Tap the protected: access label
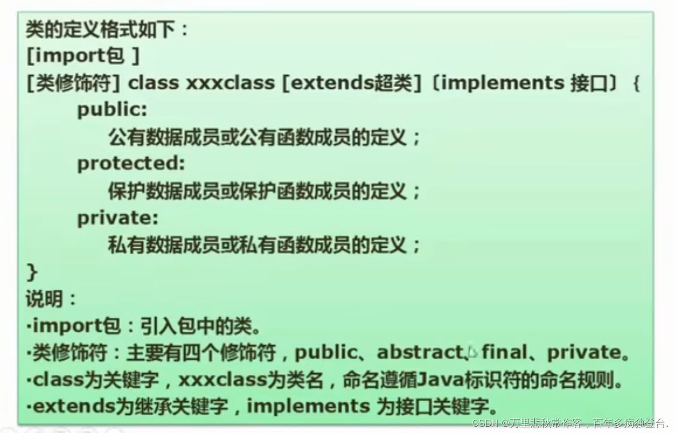point(131,163)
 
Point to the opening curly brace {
point(636,83)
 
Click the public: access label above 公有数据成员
point(112,110)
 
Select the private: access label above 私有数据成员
point(117,218)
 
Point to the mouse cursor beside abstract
point(472,352)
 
